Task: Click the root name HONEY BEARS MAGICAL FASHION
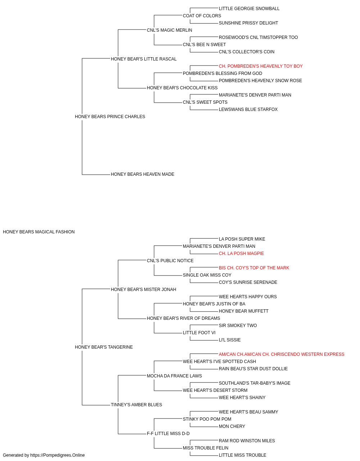click(x=39, y=232)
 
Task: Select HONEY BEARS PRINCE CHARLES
click(x=110, y=117)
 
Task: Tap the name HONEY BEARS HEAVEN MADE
click(x=143, y=174)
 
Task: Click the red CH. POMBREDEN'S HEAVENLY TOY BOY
click(x=261, y=66)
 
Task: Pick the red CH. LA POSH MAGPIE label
click(x=241, y=254)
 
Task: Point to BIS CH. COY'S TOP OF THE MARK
click(x=254, y=268)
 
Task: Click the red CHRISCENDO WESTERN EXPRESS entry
click(x=282, y=354)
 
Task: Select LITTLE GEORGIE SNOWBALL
click(x=249, y=9)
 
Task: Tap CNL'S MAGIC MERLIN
click(x=170, y=30)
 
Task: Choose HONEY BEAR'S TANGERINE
click(x=104, y=347)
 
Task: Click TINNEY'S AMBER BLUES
click(x=136, y=405)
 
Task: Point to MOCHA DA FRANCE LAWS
click(x=174, y=376)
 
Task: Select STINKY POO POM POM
click(x=207, y=419)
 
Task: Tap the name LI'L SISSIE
click(x=230, y=340)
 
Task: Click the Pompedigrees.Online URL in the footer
click(x=57, y=455)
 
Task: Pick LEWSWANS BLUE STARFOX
click(x=248, y=109)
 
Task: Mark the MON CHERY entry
click(x=232, y=426)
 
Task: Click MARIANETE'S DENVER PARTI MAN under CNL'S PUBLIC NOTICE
click(x=219, y=246)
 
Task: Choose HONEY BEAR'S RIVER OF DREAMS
click(x=183, y=318)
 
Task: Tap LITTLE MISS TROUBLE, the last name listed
click(x=242, y=455)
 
